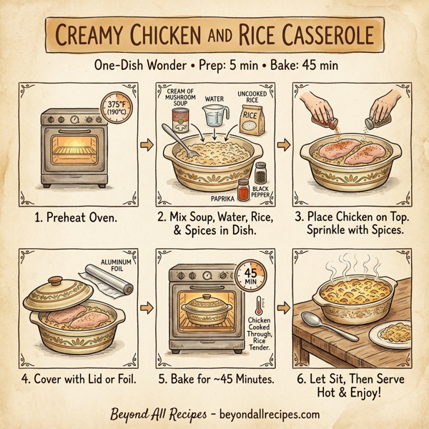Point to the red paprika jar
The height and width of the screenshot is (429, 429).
(243, 190)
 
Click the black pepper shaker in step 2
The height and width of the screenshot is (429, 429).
(260, 172)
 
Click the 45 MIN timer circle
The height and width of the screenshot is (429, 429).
(250, 275)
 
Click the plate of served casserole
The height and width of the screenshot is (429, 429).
(395, 332)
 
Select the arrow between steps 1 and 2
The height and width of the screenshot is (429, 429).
(147, 145)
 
